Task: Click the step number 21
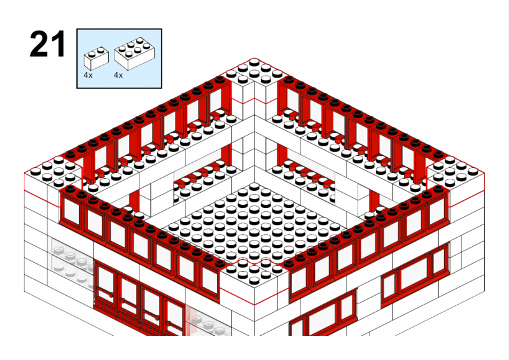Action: click(47, 44)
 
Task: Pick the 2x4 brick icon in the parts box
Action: click(134, 53)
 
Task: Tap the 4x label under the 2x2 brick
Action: click(88, 75)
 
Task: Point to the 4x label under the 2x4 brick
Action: click(118, 75)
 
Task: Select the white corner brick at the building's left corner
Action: click(53, 181)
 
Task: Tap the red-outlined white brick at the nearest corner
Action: click(254, 283)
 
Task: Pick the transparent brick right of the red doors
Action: click(208, 322)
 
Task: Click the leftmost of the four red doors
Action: click(106, 287)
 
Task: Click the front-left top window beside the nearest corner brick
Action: click(209, 279)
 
